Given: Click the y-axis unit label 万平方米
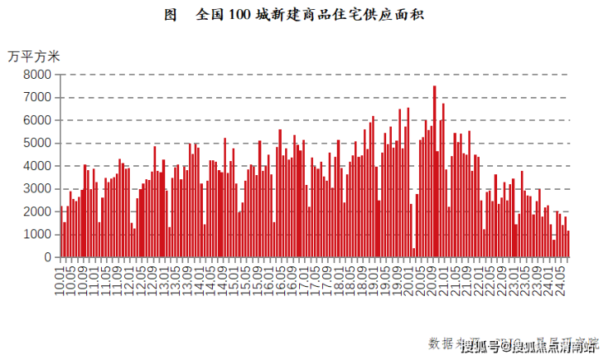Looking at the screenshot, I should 34,56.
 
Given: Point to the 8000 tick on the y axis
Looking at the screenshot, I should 38,75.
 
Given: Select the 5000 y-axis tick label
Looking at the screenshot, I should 38,143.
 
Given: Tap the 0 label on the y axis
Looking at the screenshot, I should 48,257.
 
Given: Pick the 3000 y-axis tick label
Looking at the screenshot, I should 38,189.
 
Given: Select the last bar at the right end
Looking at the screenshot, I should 568,244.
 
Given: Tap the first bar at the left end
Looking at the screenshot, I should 61,232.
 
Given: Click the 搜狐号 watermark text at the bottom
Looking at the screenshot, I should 479,347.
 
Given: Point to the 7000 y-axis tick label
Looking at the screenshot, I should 38,97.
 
